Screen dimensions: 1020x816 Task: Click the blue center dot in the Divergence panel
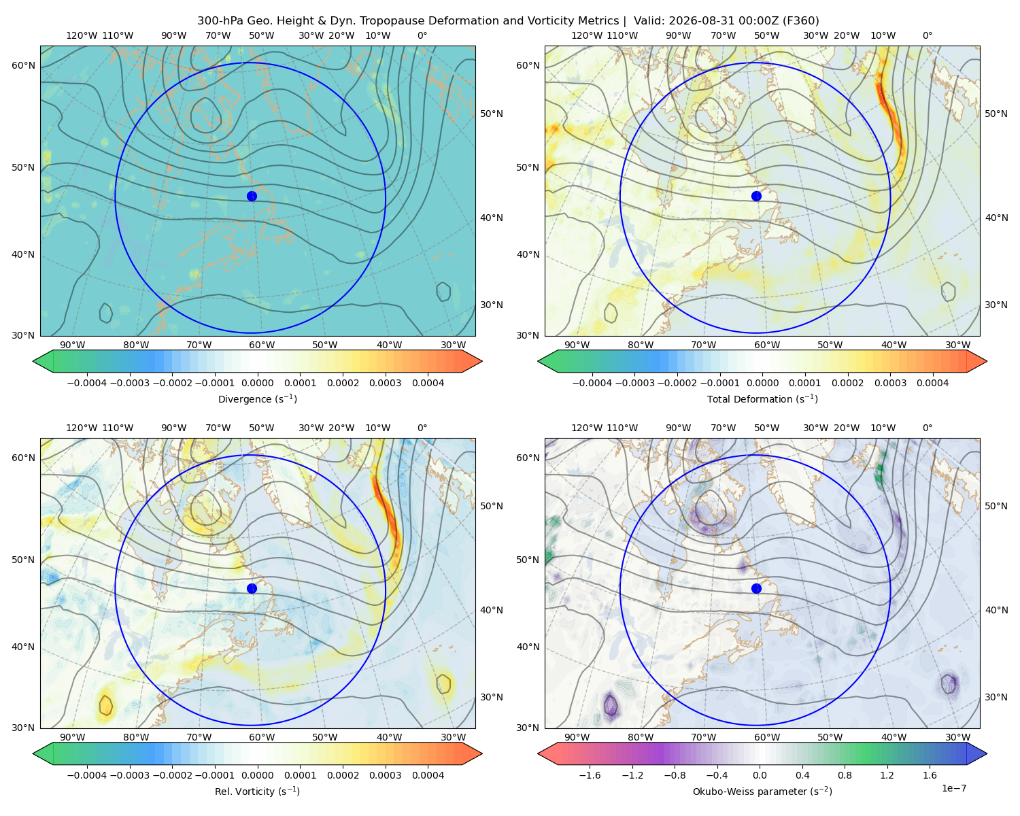(x=252, y=196)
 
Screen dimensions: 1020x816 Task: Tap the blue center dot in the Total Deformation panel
(x=756, y=196)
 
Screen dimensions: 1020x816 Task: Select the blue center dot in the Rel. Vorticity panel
(x=252, y=588)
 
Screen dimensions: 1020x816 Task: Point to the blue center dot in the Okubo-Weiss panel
(x=756, y=588)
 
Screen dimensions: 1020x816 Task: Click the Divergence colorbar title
(x=257, y=398)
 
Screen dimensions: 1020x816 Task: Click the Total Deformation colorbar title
(x=762, y=398)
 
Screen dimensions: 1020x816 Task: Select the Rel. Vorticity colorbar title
(x=257, y=791)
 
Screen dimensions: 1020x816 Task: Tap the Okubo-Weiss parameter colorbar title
(x=762, y=791)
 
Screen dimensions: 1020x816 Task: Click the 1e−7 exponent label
(x=953, y=788)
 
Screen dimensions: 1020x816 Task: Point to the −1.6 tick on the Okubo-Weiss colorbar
(x=590, y=775)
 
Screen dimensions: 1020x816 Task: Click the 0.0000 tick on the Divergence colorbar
(x=257, y=383)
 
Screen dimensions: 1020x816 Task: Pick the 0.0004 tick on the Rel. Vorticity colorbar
(x=428, y=775)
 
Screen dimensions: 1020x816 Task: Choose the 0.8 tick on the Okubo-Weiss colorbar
(x=845, y=775)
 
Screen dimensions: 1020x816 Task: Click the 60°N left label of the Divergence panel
(x=23, y=65)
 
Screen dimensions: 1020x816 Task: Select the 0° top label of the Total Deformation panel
(x=927, y=35)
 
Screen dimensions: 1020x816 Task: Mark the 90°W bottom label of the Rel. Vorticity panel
(x=73, y=737)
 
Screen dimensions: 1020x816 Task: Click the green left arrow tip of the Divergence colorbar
(x=33, y=361)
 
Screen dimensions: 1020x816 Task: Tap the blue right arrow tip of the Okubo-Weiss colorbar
(x=986, y=753)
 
